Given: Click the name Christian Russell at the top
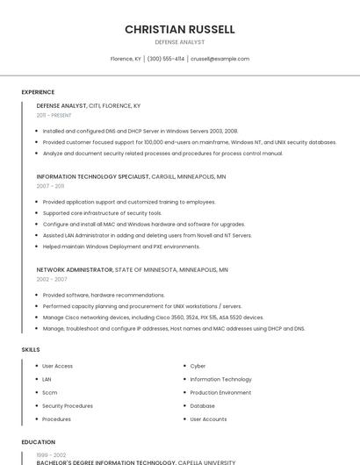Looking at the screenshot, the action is [x=180, y=29].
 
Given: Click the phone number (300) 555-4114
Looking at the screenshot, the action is [x=166, y=59].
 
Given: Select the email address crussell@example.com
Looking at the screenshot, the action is [x=220, y=59].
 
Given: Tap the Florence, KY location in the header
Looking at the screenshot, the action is [x=126, y=59].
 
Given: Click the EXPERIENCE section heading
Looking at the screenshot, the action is [x=38, y=92].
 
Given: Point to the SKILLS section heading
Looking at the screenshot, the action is [x=31, y=350].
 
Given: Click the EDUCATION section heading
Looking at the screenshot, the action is [x=38, y=442].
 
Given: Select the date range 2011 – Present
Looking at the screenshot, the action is [x=54, y=115].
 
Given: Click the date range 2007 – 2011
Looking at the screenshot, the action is [x=50, y=186].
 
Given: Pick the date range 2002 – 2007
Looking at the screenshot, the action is [x=52, y=279].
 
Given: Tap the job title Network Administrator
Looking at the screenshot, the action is [x=75, y=269].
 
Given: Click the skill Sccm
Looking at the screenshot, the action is [x=50, y=392].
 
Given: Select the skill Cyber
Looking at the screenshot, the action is [x=198, y=366].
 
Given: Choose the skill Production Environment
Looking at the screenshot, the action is [x=220, y=392].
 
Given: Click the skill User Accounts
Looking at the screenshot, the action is [x=208, y=419].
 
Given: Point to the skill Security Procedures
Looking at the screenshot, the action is [x=68, y=405].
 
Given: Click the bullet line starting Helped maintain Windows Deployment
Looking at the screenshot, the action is [x=121, y=247].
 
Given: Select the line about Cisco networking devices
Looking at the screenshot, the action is [x=153, y=317].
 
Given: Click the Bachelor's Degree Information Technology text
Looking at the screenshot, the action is [x=106, y=461].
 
